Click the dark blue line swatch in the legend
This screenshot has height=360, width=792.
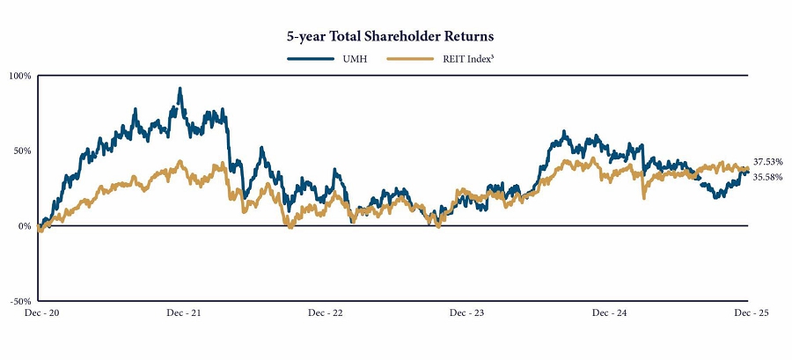[307, 58]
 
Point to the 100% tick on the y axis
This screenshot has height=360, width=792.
[20, 76]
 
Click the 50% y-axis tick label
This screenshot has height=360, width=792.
[22, 151]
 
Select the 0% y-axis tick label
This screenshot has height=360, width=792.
[25, 226]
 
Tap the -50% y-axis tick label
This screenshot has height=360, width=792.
[20, 301]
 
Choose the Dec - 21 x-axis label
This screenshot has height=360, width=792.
[181, 312]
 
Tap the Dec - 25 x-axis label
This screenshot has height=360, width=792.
[750, 312]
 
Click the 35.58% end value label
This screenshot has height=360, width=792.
[768, 177]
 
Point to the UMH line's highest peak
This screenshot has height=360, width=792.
[180, 89]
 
